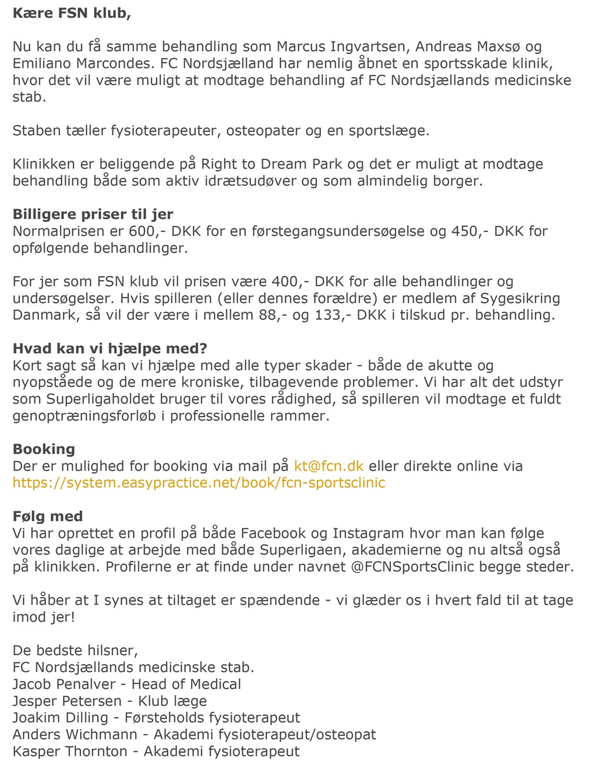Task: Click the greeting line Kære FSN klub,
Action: (x=71, y=13)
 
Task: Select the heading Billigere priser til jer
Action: (x=93, y=214)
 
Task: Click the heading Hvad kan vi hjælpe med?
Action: (x=110, y=349)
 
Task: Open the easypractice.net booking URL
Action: (x=199, y=483)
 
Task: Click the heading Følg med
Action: (x=48, y=517)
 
